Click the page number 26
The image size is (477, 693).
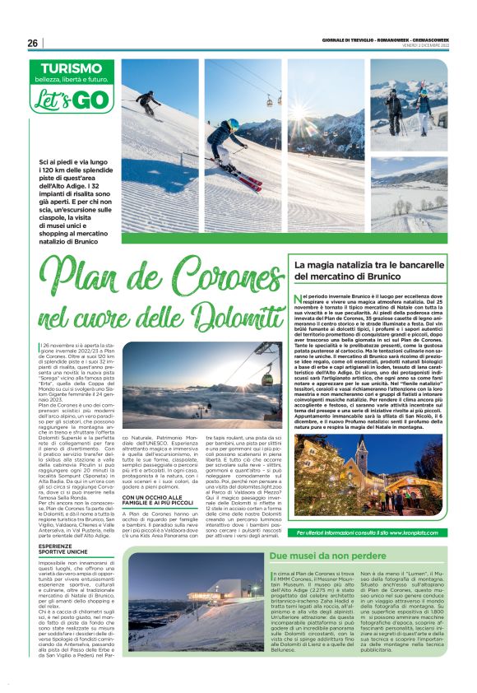pos(34,44)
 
